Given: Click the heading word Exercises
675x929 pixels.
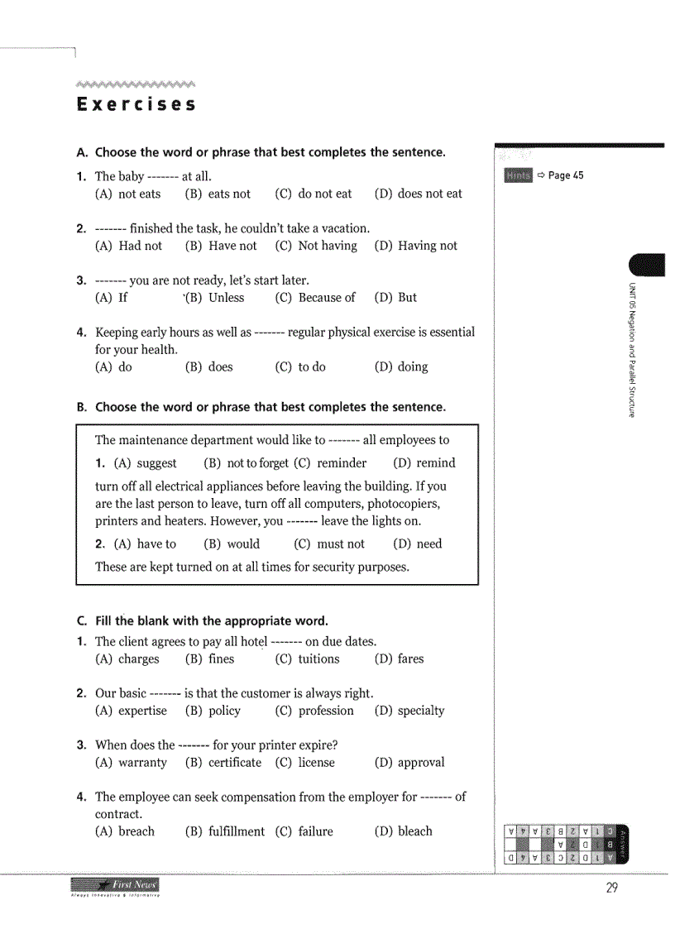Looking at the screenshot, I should tap(136, 105).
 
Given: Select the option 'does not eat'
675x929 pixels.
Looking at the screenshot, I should tap(419, 194).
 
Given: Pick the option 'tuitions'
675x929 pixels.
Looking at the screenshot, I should tap(308, 659).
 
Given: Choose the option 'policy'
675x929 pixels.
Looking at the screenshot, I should tap(213, 711).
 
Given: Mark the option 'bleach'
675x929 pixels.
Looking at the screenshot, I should tap(404, 831).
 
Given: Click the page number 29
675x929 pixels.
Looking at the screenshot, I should tap(612, 888).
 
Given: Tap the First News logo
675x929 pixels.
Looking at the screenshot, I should tap(116, 887).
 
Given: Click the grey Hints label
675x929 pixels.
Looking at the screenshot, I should tap(518, 175).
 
